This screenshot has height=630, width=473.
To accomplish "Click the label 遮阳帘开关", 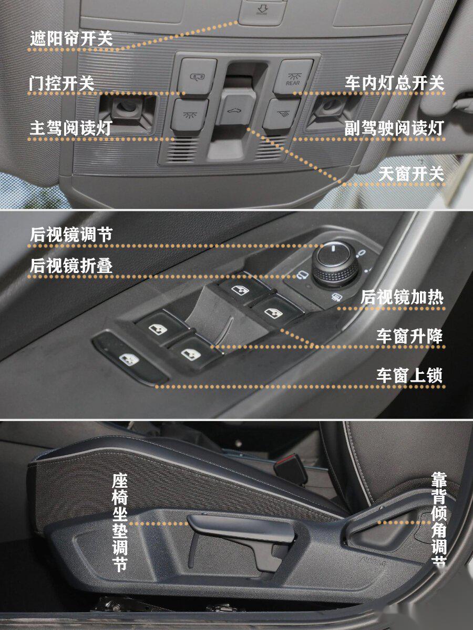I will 70,38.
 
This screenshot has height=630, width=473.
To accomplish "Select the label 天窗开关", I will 411,174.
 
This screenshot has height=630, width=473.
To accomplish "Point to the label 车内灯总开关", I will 394,83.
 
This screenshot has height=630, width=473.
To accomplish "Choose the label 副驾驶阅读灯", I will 394,129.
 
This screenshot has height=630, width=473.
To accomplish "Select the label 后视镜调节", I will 70,235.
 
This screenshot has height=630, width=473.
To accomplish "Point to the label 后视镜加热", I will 402,298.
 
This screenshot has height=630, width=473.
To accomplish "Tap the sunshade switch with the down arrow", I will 261,10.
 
